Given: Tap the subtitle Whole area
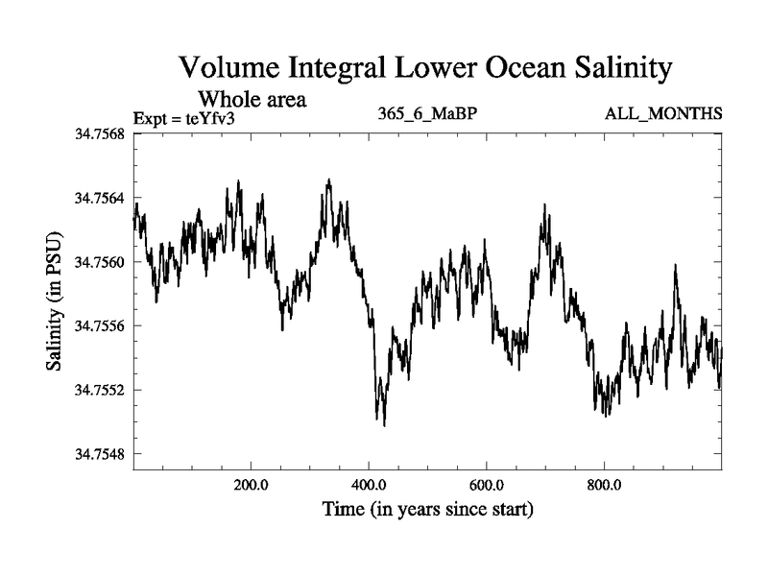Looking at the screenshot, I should pos(252,98).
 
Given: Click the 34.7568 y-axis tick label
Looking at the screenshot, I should pos(99,134).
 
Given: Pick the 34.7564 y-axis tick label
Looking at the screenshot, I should pos(99,198).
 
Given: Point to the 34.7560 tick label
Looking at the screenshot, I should pos(99,262).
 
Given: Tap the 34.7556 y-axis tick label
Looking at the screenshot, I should pos(99,325).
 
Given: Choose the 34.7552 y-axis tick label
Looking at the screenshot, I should pos(99,390).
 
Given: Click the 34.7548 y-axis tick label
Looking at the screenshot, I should pos(99,453).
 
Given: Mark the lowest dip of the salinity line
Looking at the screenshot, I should pos(385,425).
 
